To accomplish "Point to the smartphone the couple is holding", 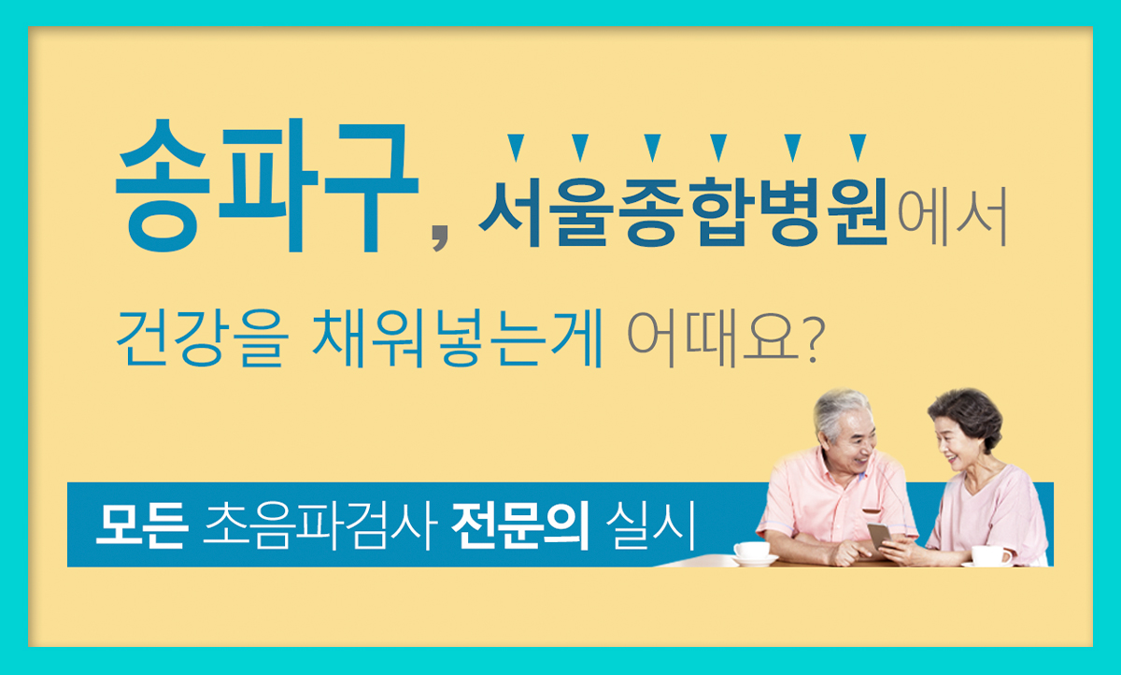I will tap(879, 535).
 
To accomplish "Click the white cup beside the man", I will tap(752, 551).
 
